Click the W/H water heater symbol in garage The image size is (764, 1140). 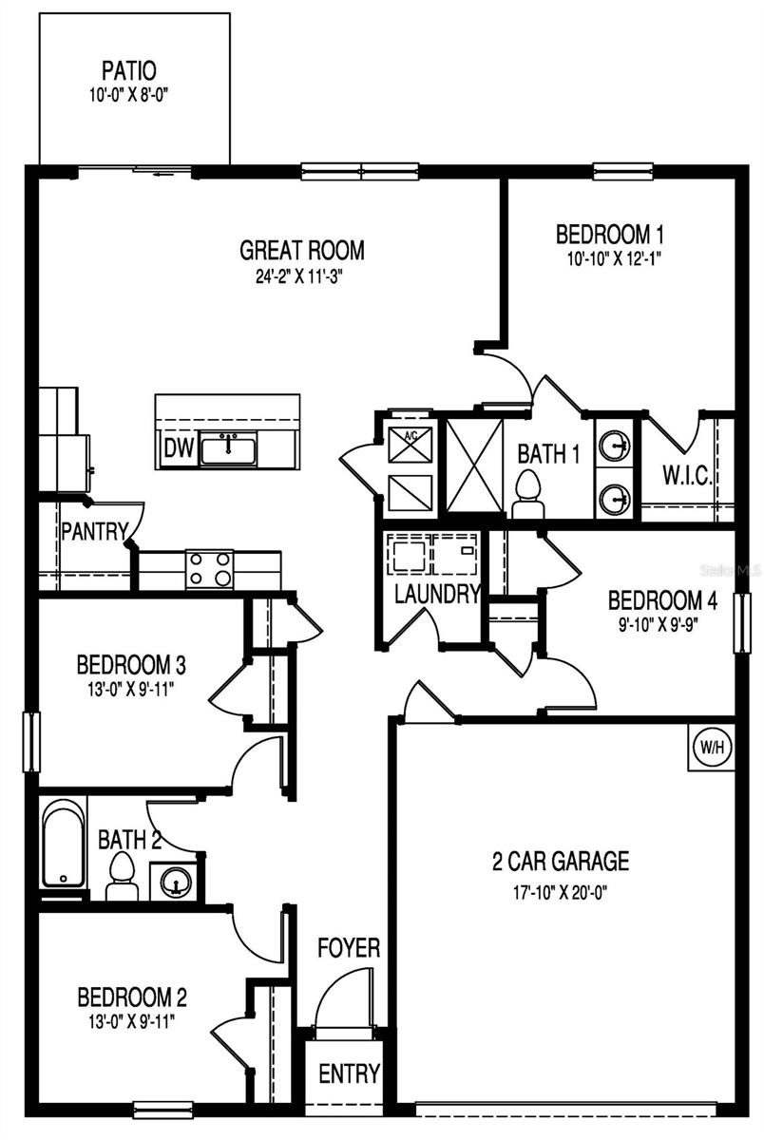pyautogui.click(x=713, y=747)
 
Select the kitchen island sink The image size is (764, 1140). pyautogui.click(x=227, y=447)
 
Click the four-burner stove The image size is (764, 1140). pyautogui.click(x=209, y=569)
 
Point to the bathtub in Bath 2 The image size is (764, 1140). pyautogui.click(x=64, y=845)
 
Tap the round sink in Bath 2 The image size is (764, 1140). pyautogui.click(x=175, y=881)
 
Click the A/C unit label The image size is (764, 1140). pyautogui.click(x=411, y=435)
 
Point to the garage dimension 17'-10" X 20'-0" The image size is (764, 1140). pyautogui.click(x=561, y=892)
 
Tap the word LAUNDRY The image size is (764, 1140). pyautogui.click(x=437, y=595)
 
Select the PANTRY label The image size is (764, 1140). pyautogui.click(x=94, y=531)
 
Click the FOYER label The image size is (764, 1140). pyautogui.click(x=349, y=947)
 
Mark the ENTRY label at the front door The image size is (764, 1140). pyautogui.click(x=349, y=1073)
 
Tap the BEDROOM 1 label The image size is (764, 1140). pyautogui.click(x=609, y=234)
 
